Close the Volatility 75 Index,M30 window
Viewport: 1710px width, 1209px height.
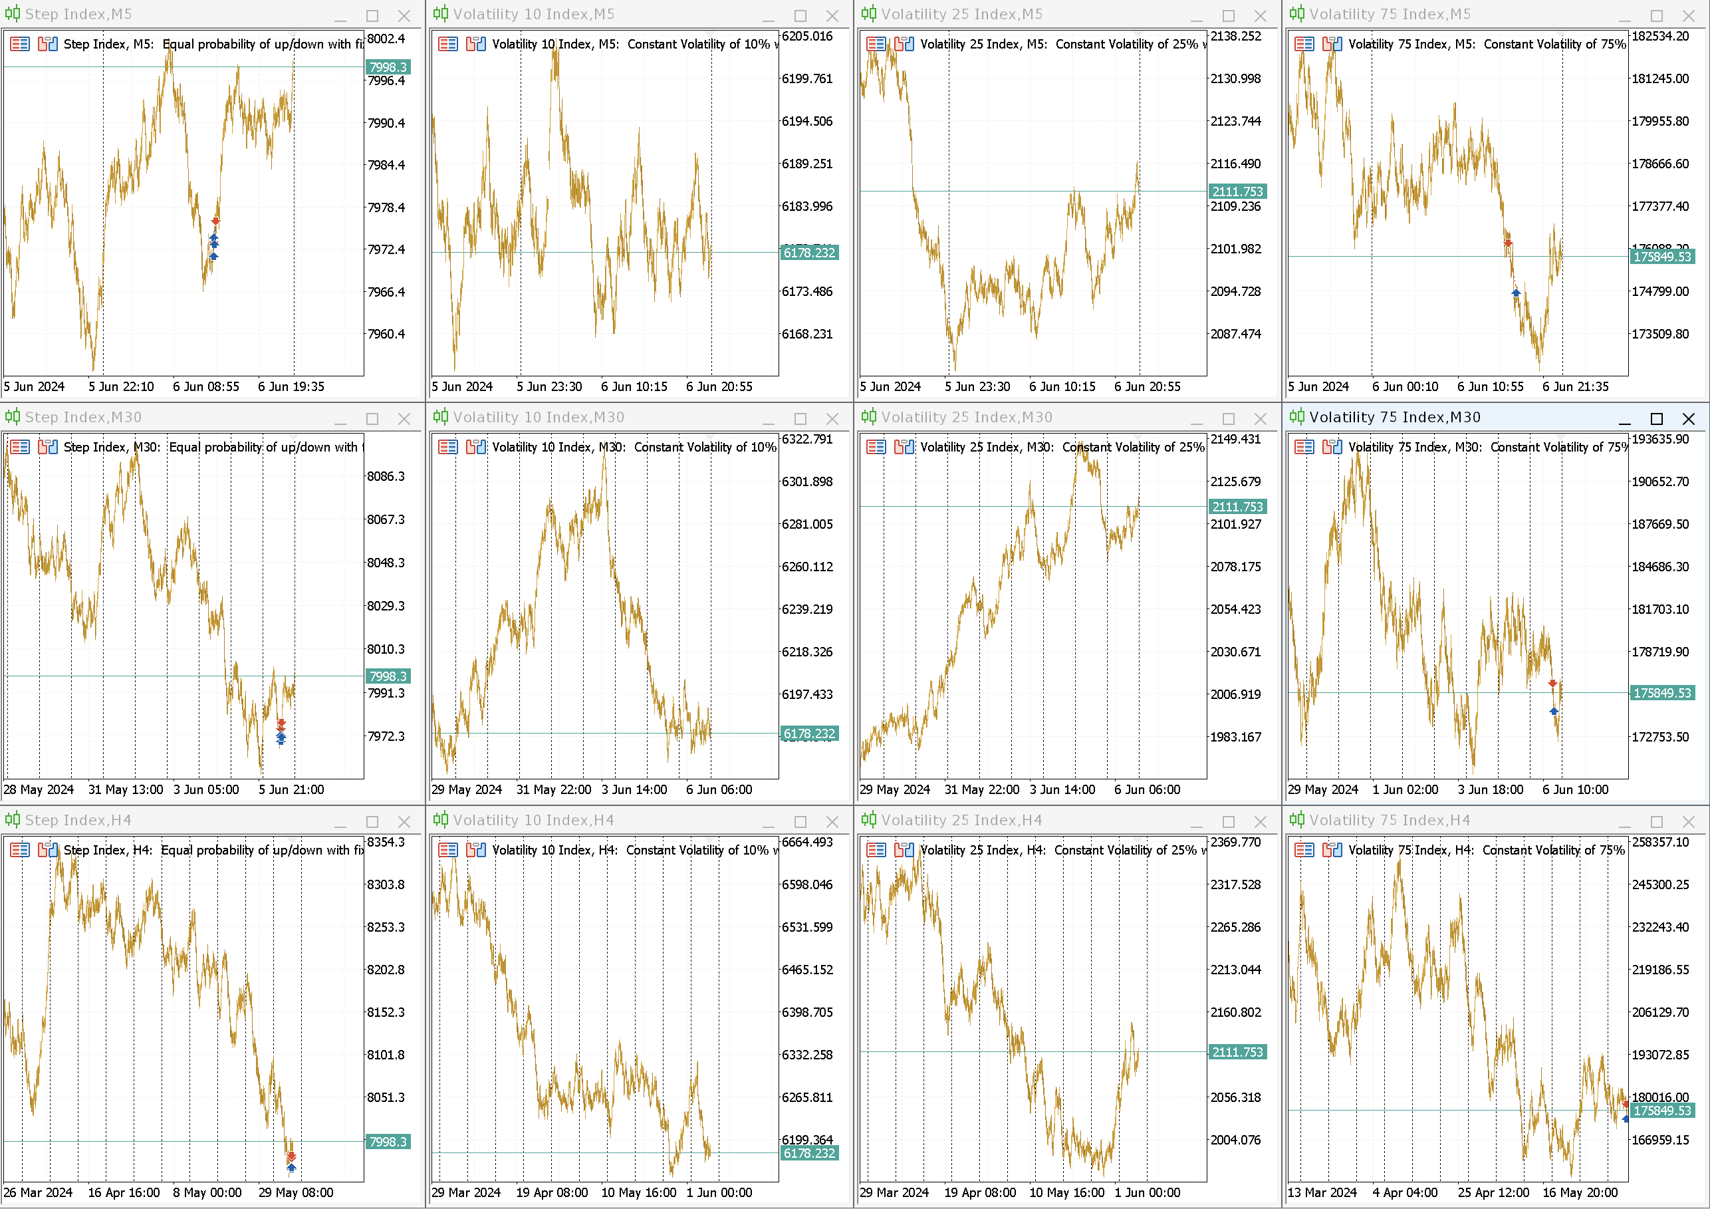[x=1689, y=419]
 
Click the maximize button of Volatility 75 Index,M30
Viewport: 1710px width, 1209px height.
[x=1656, y=419]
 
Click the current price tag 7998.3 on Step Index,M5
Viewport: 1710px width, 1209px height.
[x=388, y=67]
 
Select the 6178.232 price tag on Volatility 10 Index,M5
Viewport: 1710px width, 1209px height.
[x=809, y=253]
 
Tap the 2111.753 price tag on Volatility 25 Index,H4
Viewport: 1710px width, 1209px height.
[x=1237, y=1052]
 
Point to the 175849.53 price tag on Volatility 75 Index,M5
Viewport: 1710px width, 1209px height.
[x=1662, y=256]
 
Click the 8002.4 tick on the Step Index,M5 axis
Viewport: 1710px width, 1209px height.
[x=386, y=39]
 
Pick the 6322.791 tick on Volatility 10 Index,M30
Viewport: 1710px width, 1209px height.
[x=806, y=440]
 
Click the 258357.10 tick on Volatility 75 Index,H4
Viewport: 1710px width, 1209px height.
[x=1660, y=843]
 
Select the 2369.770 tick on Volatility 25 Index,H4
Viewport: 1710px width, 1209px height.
[x=1235, y=843]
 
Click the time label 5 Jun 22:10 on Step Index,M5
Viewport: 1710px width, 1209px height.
[x=120, y=386]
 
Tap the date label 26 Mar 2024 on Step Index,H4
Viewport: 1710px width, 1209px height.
[x=38, y=1192]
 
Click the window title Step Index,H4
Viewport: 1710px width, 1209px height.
[x=78, y=820]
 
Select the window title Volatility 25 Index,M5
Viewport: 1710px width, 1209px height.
[x=961, y=14]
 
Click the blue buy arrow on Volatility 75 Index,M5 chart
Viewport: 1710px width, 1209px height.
[x=1516, y=293]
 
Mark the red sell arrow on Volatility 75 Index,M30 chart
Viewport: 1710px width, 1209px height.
[x=1552, y=683]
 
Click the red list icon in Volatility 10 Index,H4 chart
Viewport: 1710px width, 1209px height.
[x=448, y=850]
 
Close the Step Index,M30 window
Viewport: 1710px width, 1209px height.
[x=404, y=419]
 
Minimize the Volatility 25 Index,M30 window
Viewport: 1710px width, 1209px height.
[x=1197, y=419]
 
